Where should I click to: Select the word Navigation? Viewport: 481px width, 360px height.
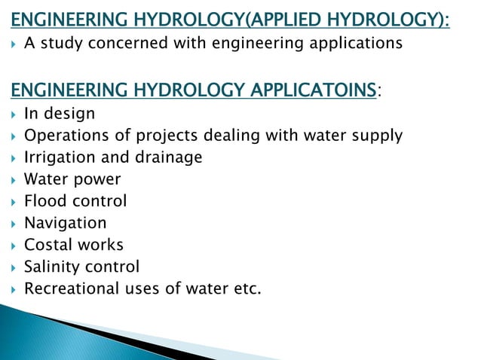(65, 223)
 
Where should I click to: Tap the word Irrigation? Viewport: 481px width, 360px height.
(59, 157)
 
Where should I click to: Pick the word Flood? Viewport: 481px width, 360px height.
(45, 201)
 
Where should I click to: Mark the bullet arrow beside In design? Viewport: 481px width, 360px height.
(14, 114)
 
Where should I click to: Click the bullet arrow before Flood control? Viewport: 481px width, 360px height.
(14, 201)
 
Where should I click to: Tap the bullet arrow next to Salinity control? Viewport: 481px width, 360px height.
(14, 267)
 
